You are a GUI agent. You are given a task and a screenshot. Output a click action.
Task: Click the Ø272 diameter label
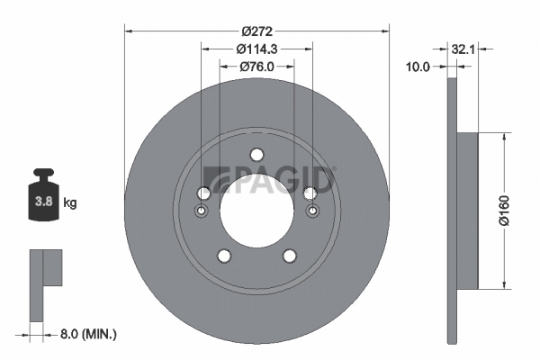click(256, 31)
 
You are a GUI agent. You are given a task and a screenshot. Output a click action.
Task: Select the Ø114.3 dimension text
click(256, 49)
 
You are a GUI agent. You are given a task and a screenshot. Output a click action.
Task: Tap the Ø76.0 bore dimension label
click(256, 67)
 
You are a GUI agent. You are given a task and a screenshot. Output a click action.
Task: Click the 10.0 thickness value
click(418, 67)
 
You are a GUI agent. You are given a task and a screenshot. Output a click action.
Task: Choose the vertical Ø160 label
click(504, 211)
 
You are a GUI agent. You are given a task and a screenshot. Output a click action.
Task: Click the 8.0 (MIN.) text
click(88, 334)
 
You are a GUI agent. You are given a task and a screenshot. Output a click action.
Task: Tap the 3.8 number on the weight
click(44, 202)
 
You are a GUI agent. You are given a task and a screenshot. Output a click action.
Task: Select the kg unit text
click(70, 202)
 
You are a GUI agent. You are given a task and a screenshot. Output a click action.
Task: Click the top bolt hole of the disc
click(256, 155)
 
